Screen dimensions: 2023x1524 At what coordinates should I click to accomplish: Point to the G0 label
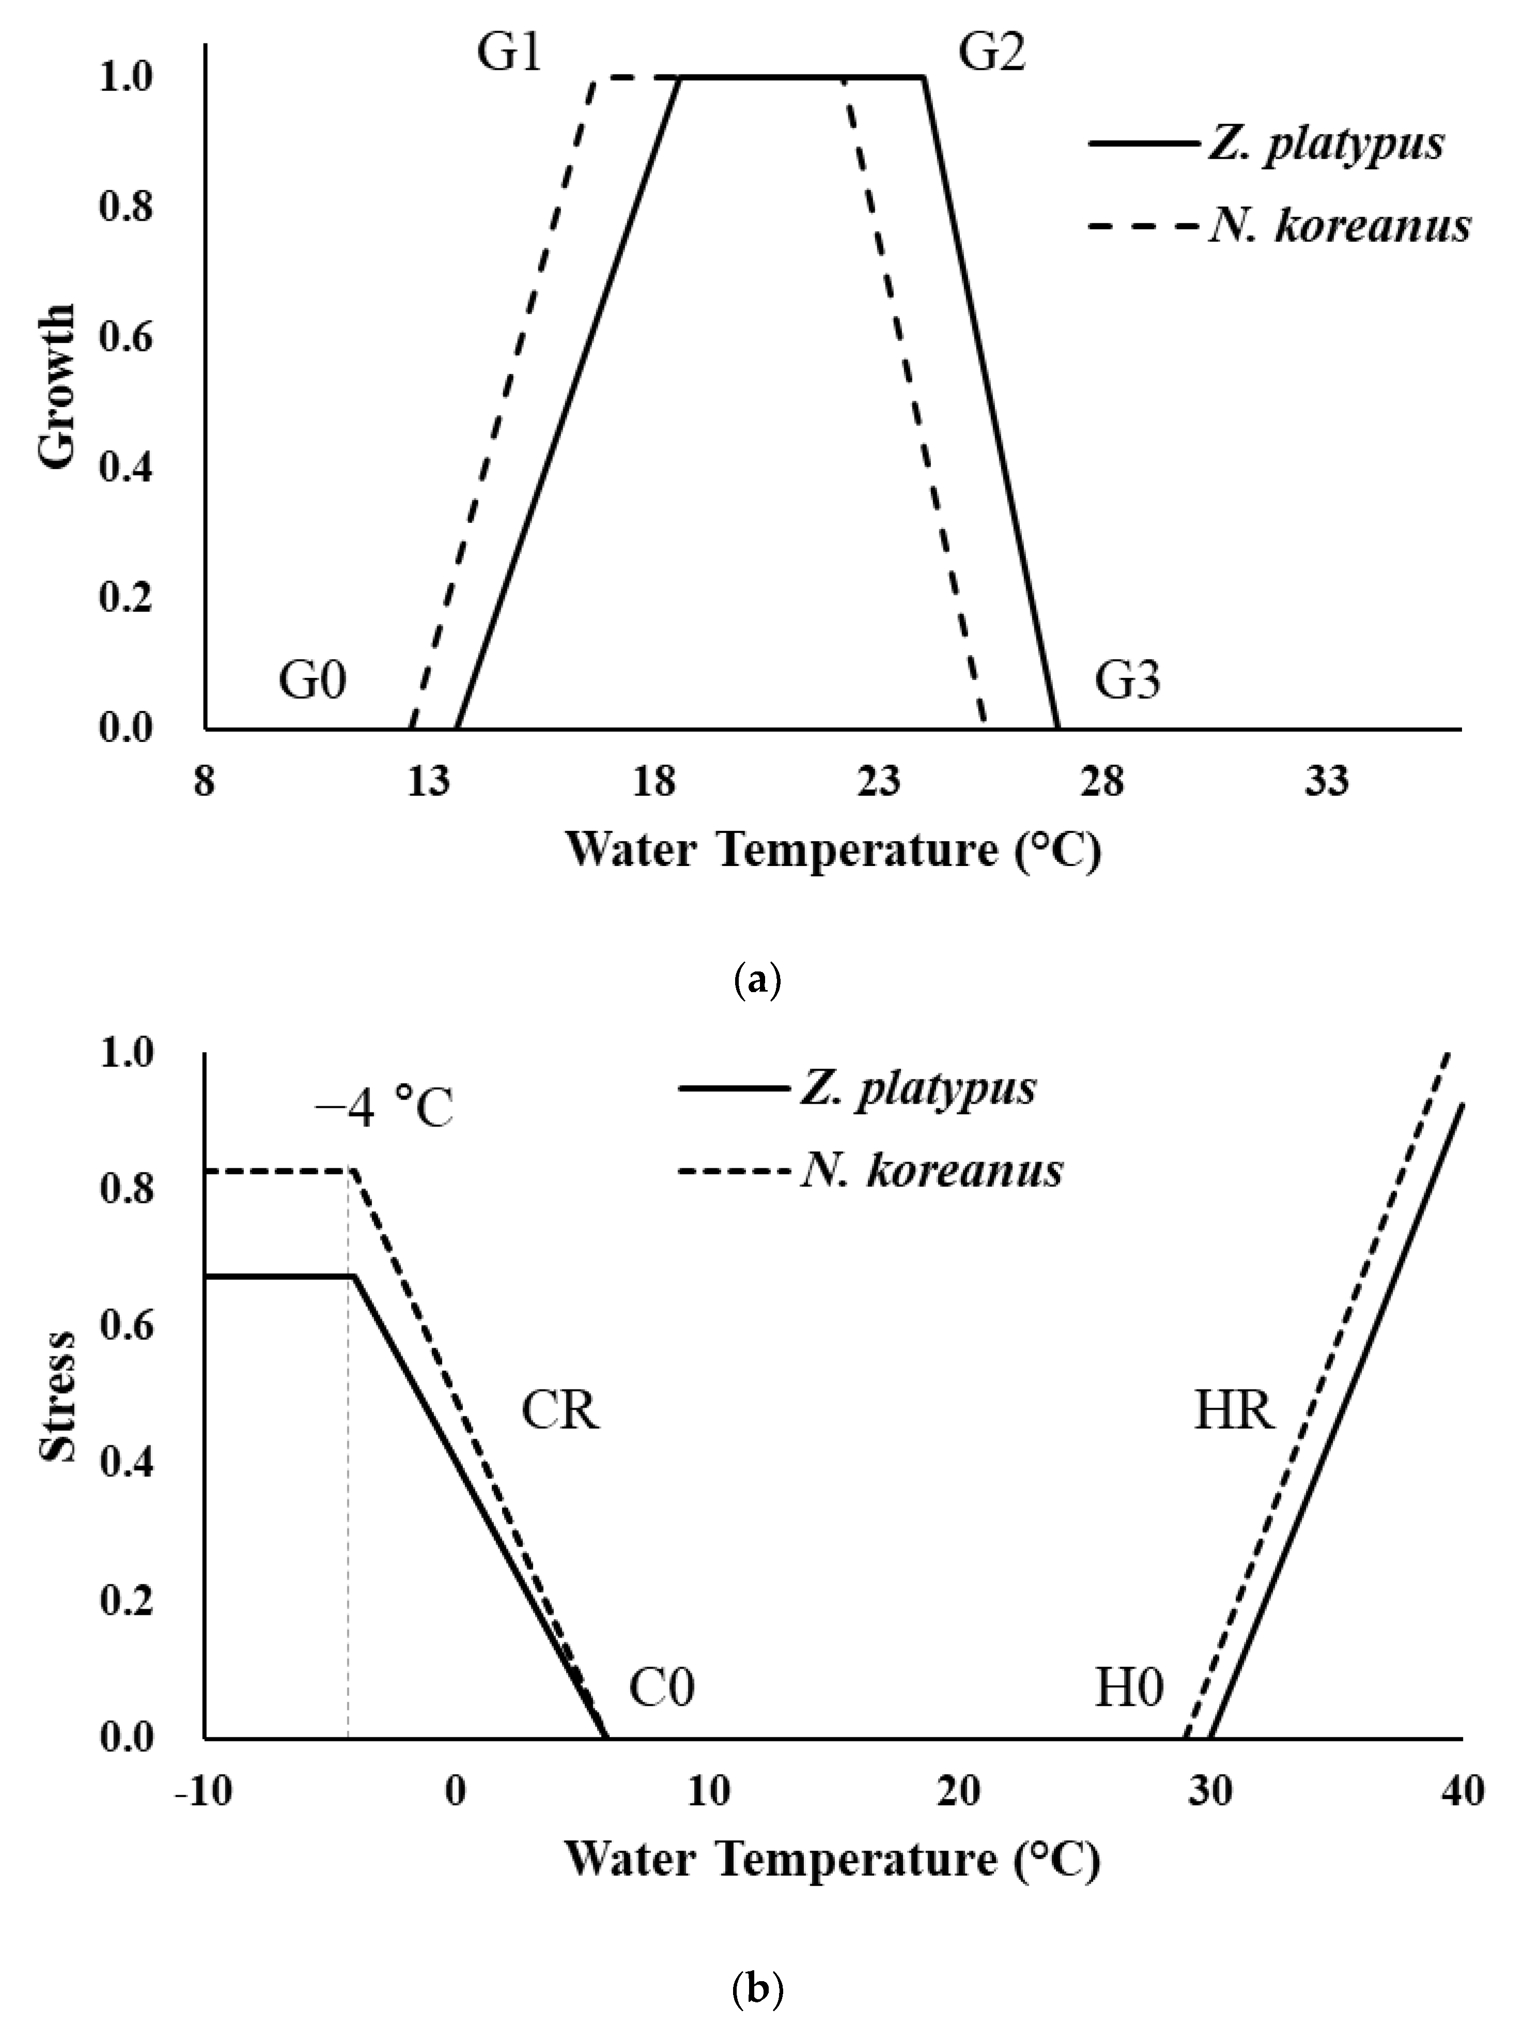pos(313,682)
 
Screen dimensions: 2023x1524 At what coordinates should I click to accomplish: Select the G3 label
pos(1128,682)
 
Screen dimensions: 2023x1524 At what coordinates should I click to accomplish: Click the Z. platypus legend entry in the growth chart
pos(1326,145)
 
